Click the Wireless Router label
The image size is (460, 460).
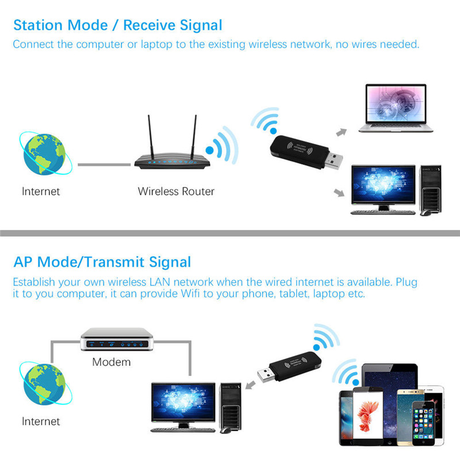(176, 191)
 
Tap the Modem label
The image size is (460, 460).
(112, 362)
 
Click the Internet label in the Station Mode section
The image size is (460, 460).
(41, 191)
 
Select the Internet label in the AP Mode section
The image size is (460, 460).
(41, 421)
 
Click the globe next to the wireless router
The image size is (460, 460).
(45, 154)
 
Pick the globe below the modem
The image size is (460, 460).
(45, 384)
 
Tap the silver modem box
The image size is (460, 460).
(117, 339)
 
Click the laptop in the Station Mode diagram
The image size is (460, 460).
(396, 108)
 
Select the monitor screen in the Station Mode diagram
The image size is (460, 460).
(383, 183)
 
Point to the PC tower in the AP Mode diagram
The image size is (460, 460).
(231, 407)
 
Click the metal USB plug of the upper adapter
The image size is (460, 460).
(334, 161)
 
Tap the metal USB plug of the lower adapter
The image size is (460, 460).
(266, 375)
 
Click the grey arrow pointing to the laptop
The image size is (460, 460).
(341, 132)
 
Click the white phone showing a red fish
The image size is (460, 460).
(368, 416)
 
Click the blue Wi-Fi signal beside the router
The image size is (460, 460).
(222, 145)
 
